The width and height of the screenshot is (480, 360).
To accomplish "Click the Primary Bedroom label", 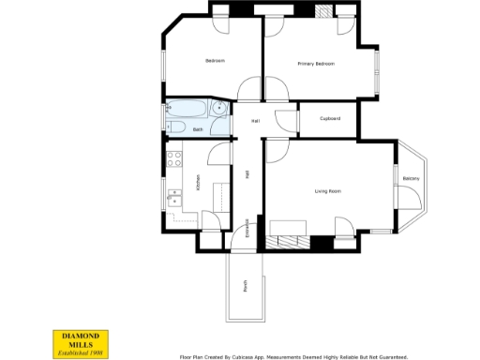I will click(x=316, y=64).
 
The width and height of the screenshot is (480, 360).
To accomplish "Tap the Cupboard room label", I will click(x=329, y=118).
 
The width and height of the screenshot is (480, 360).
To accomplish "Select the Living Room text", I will click(x=327, y=191).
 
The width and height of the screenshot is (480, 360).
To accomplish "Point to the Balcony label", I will click(x=411, y=178).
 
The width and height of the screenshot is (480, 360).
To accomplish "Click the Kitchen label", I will click(x=198, y=184).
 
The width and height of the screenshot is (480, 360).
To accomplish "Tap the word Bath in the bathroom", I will click(x=198, y=129).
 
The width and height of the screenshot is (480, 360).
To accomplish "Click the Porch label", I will click(x=246, y=286).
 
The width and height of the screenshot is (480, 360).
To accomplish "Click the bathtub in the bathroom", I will click(x=190, y=108).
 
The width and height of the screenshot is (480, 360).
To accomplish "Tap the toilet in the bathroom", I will click(x=173, y=128).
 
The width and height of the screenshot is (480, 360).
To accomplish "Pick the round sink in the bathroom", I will click(x=218, y=109).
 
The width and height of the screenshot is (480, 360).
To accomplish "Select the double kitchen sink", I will click(x=172, y=197).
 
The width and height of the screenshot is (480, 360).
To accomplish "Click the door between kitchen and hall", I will click(x=220, y=155).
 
